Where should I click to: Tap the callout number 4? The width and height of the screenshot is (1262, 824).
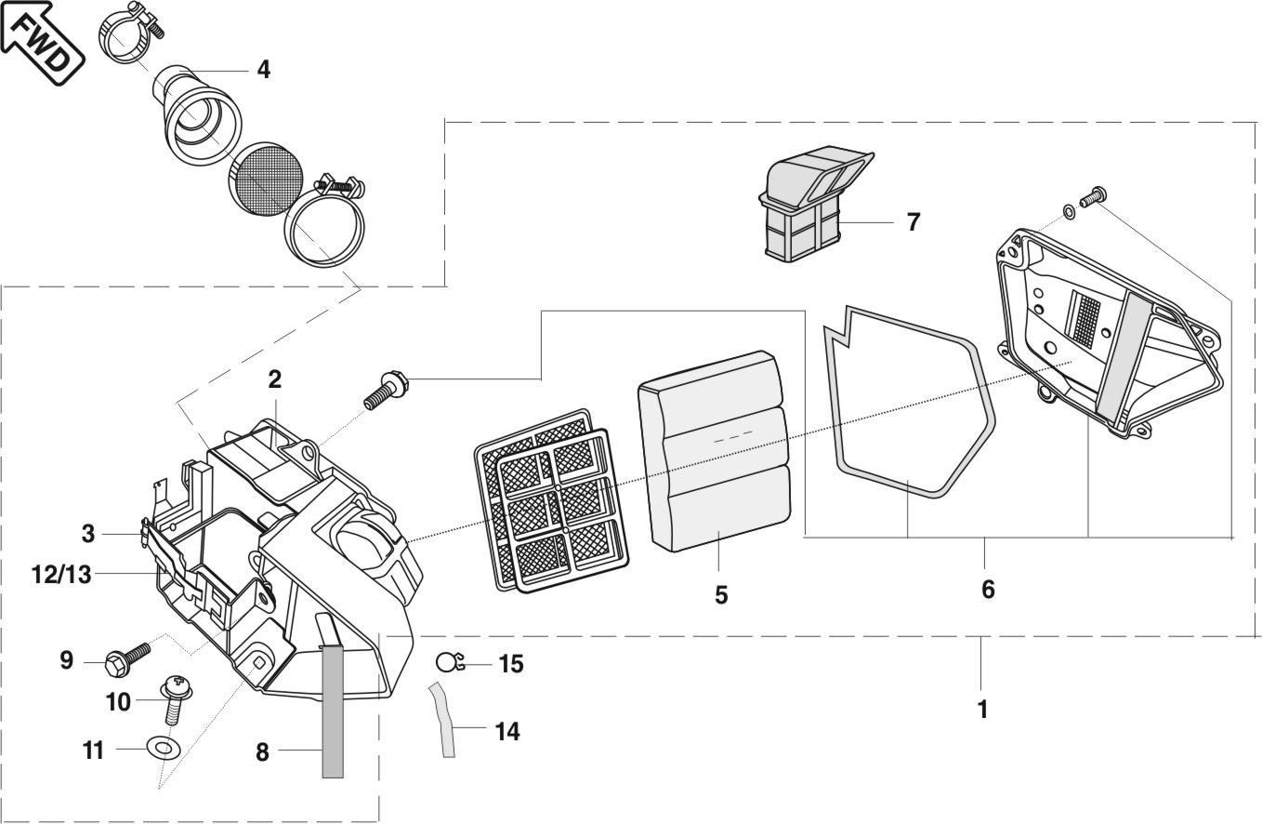[x=264, y=70]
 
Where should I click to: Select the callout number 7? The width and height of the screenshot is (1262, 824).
[x=913, y=222]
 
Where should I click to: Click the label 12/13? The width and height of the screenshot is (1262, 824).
[x=61, y=575]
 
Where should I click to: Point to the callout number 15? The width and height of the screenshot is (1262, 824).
[x=511, y=664]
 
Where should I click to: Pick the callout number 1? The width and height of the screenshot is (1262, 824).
[x=982, y=709]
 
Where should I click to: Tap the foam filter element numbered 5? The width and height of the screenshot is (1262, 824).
[x=715, y=450]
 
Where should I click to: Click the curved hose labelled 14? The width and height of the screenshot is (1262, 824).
[x=442, y=721]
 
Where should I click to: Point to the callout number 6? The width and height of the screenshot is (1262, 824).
[x=988, y=589]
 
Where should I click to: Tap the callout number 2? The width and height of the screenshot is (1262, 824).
[x=274, y=379]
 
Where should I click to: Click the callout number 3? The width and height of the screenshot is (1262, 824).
[x=88, y=534]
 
